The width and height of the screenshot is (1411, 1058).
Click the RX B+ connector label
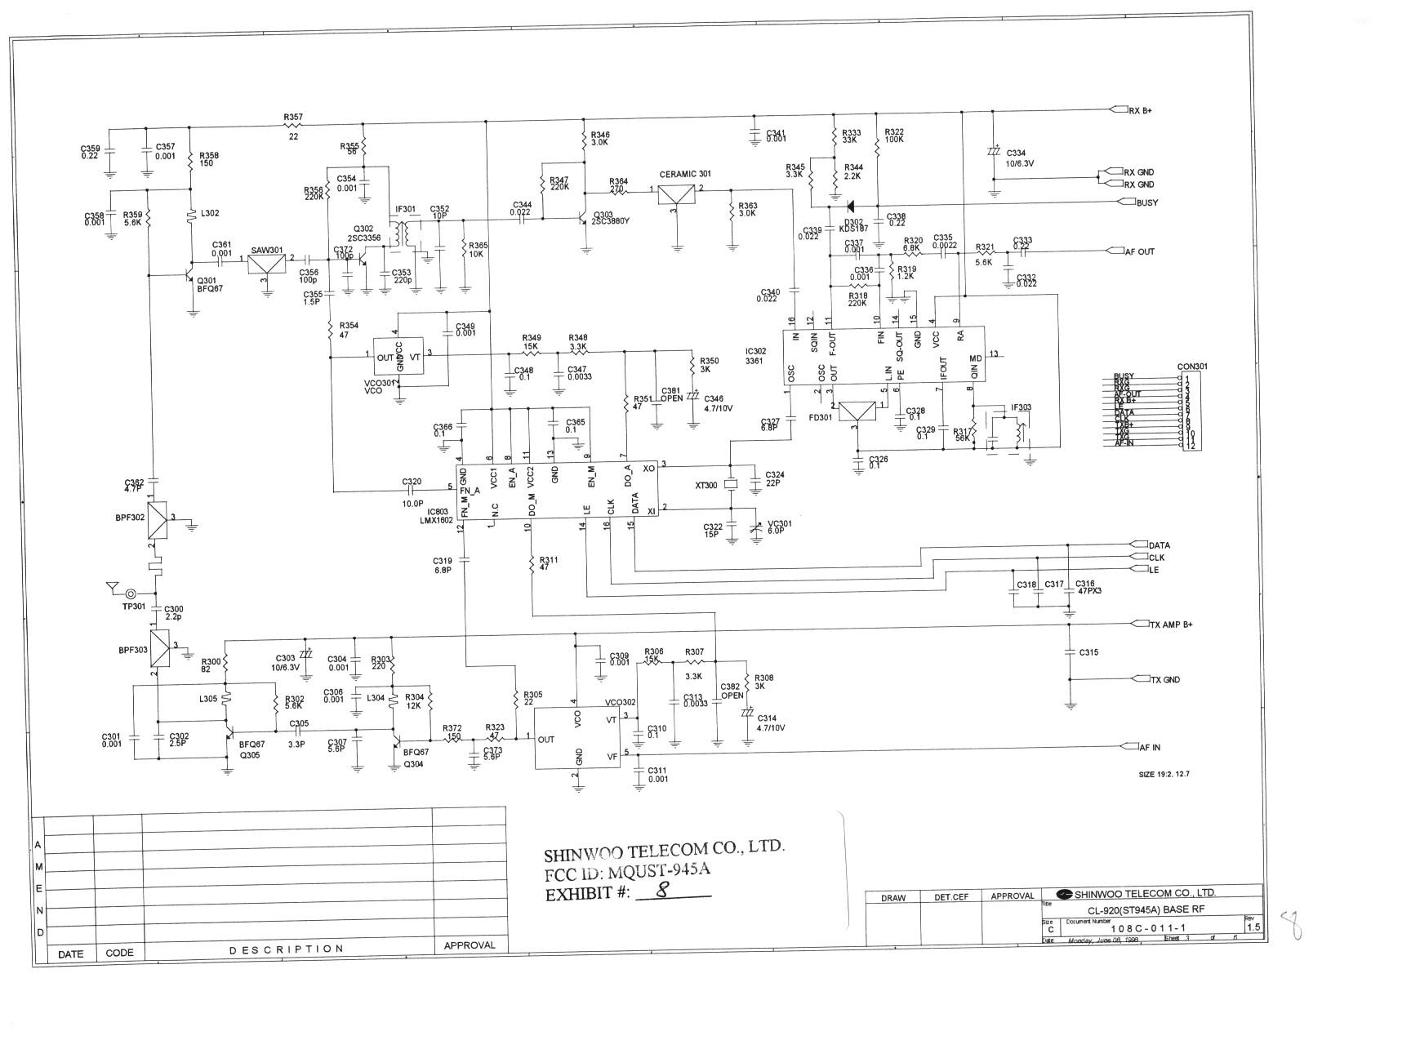tap(1141, 110)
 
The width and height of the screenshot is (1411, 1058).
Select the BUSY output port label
tap(1146, 202)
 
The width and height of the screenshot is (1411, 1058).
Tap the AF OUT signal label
tap(1140, 251)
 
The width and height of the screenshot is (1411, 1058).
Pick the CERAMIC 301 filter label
tap(685, 174)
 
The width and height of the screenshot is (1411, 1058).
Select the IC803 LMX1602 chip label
tap(436, 516)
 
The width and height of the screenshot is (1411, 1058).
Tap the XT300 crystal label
tap(705, 485)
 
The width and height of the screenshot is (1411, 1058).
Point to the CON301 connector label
tap(1192, 366)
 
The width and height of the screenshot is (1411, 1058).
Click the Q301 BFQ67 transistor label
tap(209, 284)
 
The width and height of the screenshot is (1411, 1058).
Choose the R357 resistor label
tap(293, 118)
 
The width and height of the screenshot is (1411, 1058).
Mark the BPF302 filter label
tap(130, 517)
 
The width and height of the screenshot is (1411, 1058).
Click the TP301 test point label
tap(134, 607)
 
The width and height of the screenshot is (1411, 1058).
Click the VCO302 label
tap(620, 703)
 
